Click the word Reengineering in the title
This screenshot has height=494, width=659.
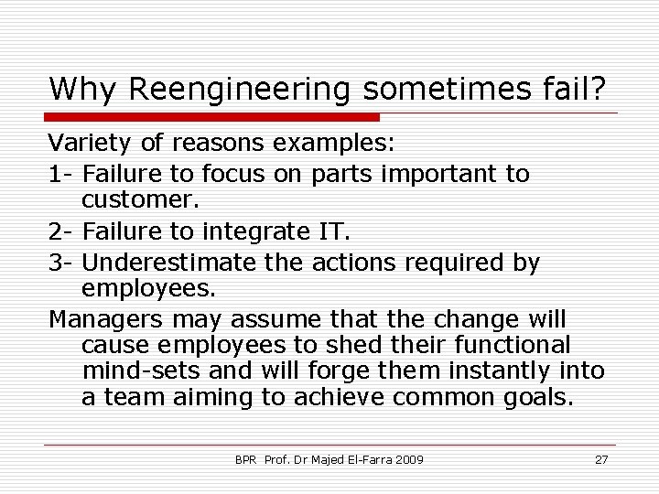click(241, 90)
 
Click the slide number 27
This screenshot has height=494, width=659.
click(601, 459)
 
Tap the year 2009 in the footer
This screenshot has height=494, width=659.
click(408, 459)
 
